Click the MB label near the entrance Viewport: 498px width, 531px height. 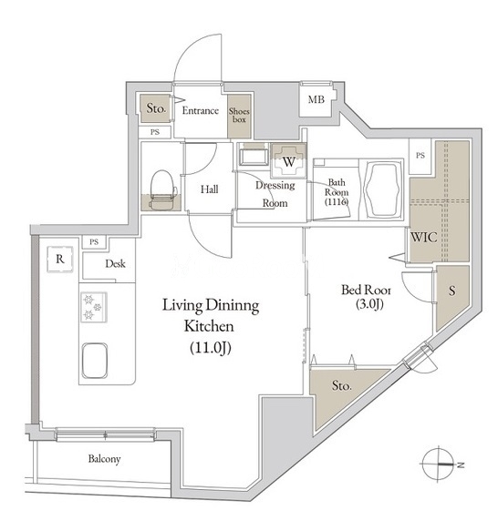tap(316, 99)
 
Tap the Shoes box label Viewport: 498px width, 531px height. tap(239, 115)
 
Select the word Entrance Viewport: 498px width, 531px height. tap(200, 110)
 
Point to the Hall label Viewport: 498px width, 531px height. tap(209, 189)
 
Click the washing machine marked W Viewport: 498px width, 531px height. tap(289, 161)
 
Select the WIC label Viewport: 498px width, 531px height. tap(423, 237)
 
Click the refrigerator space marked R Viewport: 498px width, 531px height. tap(60, 259)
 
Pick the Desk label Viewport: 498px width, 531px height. tap(115, 263)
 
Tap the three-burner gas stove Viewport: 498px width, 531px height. tap(94, 307)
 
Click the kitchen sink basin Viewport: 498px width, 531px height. tap(95, 361)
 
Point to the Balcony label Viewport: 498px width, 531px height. tap(105, 459)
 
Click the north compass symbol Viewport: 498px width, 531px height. tap(441, 464)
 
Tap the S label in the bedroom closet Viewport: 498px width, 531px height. tap(451, 291)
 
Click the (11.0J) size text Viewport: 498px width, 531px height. tap(211, 347)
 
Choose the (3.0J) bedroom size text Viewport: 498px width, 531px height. tap(369, 304)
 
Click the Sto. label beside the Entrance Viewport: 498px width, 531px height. tap(156, 108)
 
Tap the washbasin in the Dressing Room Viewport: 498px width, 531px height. tap(253, 156)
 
